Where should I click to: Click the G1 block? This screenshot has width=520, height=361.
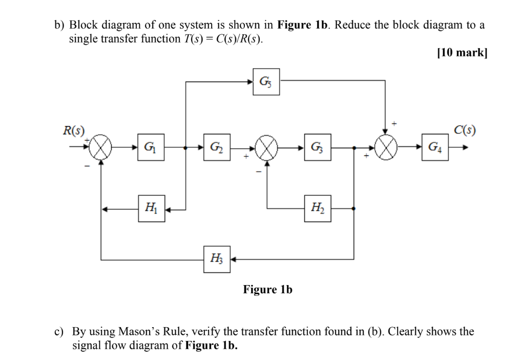coord(151,147)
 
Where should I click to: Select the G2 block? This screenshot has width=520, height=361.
coord(217,147)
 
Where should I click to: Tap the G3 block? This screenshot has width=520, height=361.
coord(317,147)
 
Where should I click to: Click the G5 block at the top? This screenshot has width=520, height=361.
coord(266,81)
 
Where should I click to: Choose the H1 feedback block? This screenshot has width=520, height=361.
coord(151,209)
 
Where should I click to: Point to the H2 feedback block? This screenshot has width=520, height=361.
coord(317,209)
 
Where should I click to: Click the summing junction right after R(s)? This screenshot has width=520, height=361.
coord(101,147)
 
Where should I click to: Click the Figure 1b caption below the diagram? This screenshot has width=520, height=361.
coord(267,290)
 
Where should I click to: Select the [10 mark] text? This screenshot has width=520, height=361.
coord(460,53)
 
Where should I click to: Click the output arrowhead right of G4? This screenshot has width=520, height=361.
coord(465,147)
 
